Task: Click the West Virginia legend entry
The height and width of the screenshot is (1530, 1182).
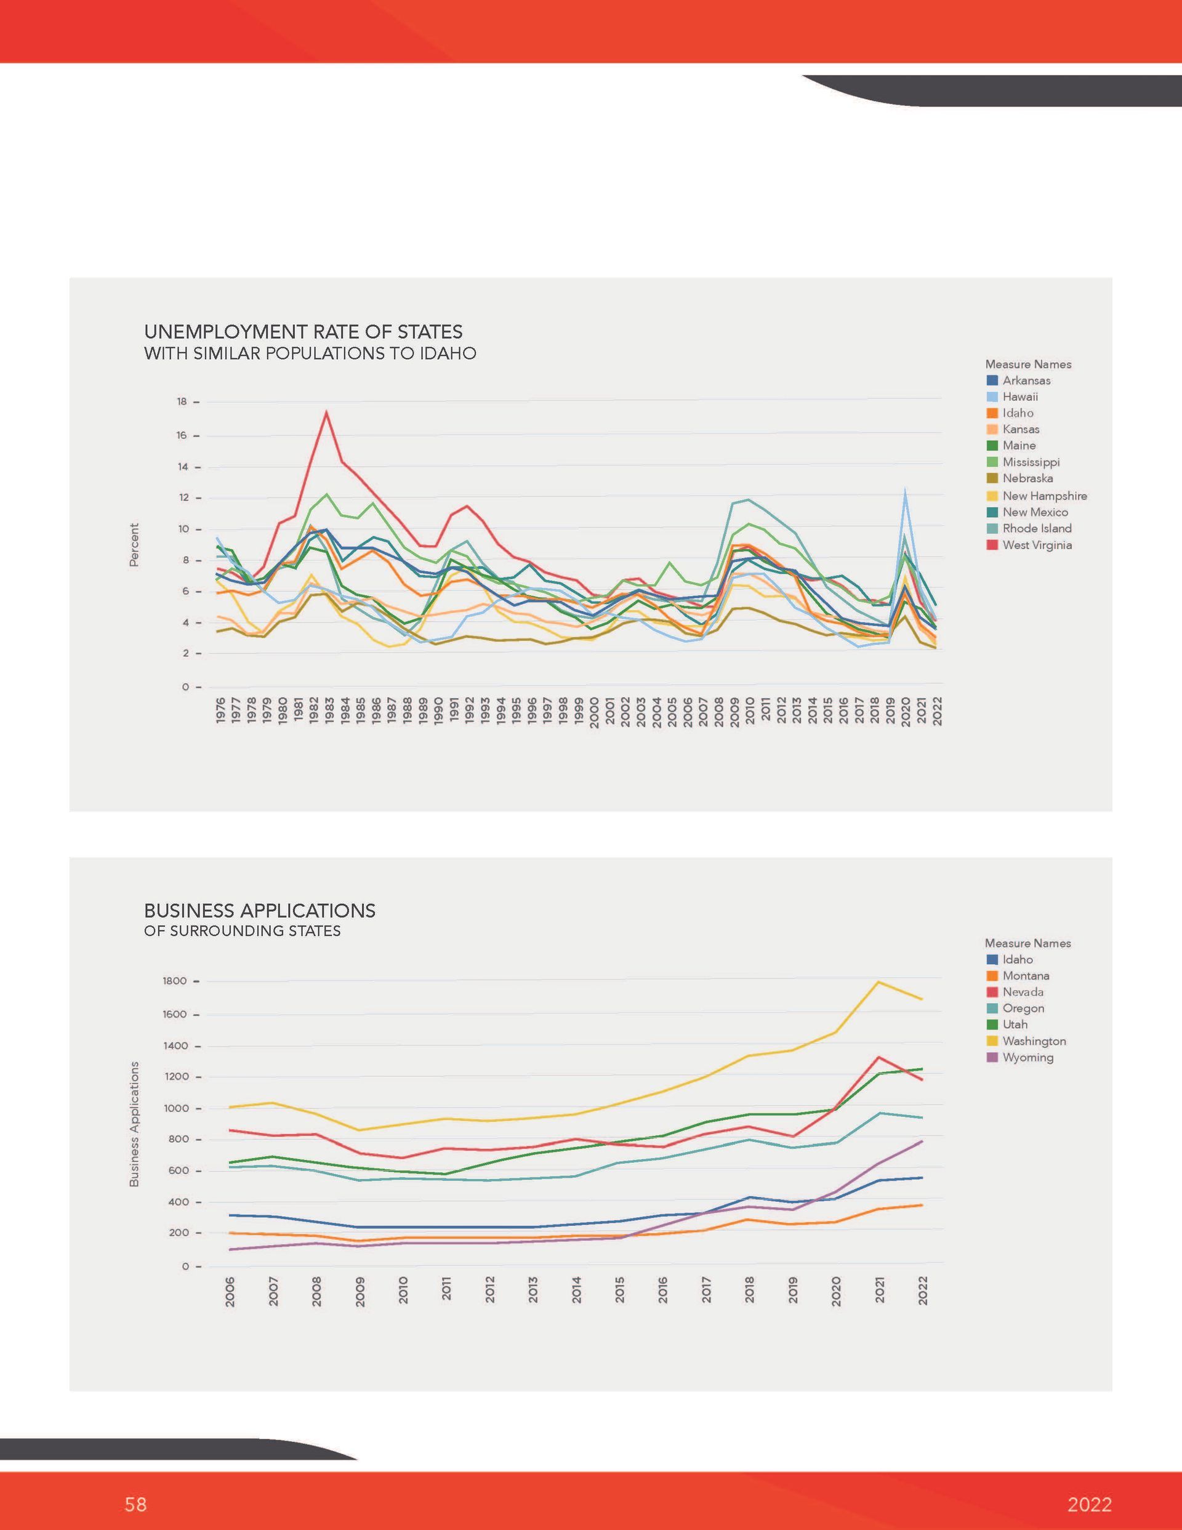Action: tap(1029, 545)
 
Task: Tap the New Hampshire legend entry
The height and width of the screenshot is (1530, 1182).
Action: tap(1036, 496)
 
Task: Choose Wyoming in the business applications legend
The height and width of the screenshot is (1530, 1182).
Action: tap(1019, 1057)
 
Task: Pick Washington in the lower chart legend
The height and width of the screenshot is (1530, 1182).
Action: tap(1026, 1041)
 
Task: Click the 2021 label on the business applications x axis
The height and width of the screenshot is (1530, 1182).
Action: tap(880, 1290)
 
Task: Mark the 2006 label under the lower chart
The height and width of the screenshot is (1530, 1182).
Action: tap(230, 1290)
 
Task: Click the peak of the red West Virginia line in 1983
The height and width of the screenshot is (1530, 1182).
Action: tap(326, 412)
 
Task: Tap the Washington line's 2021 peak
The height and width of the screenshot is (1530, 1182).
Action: tap(878, 981)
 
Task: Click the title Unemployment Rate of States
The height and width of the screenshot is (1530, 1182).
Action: tap(304, 331)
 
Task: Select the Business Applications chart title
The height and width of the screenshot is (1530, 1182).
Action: tap(260, 911)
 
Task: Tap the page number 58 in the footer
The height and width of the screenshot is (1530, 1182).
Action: tap(135, 1504)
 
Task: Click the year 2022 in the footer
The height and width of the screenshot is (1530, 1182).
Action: tap(1090, 1505)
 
